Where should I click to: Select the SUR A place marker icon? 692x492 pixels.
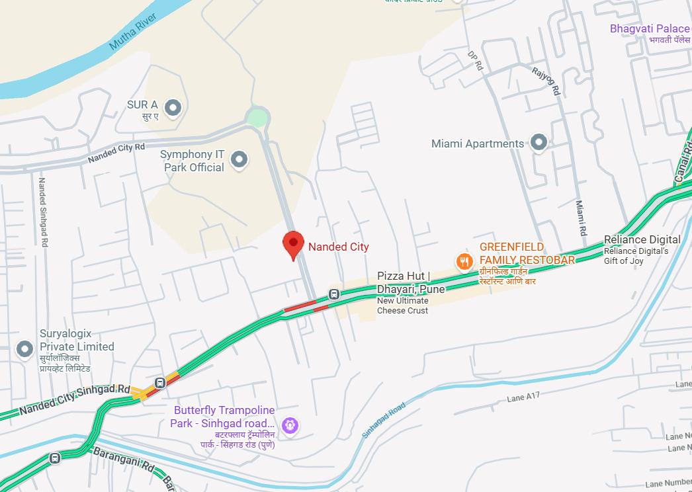(173, 106)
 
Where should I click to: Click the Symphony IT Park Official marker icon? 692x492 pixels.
(239, 159)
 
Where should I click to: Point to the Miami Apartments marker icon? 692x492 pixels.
(539, 142)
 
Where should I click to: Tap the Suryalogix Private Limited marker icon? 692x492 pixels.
(25, 348)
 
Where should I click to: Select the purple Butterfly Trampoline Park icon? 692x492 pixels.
(289, 425)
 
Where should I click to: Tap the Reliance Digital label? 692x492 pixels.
(642, 239)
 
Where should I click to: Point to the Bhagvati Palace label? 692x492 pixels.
(650, 28)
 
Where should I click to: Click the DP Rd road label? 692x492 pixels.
(476, 61)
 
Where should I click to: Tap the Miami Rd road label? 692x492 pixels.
(580, 218)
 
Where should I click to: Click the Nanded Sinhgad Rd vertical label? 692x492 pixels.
(42, 212)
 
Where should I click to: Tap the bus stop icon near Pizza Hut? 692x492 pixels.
(334, 294)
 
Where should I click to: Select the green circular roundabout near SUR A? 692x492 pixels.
(257, 118)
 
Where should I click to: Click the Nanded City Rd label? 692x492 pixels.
(116, 153)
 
